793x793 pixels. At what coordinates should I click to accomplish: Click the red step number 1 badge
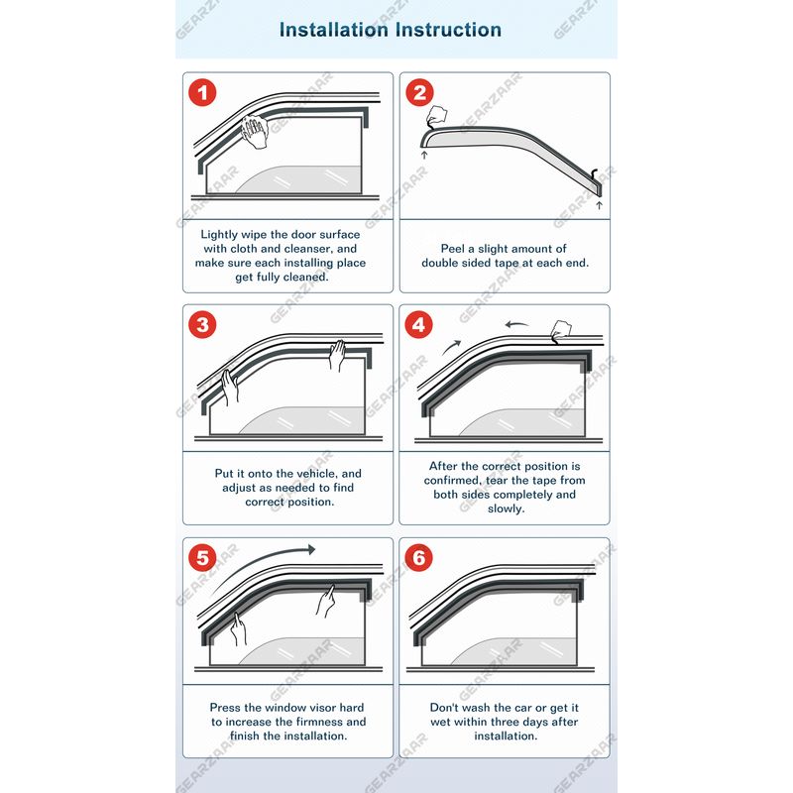click(202, 92)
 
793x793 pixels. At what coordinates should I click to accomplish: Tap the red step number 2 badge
click(419, 92)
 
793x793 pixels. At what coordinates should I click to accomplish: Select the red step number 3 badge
click(202, 325)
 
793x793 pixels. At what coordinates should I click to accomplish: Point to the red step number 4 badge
click(418, 325)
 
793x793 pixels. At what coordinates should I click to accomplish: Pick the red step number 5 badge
click(202, 558)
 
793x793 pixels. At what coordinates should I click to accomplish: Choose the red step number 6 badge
click(418, 558)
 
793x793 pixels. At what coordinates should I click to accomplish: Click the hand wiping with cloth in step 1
click(255, 132)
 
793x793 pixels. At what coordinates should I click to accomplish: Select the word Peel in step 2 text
click(452, 249)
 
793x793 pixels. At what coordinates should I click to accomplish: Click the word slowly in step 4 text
click(506, 509)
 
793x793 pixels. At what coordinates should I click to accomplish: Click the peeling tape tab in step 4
click(560, 331)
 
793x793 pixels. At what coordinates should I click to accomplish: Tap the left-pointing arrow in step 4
click(516, 324)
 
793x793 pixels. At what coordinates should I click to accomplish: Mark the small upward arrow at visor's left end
click(424, 155)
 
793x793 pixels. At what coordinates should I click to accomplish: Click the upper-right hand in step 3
click(337, 355)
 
